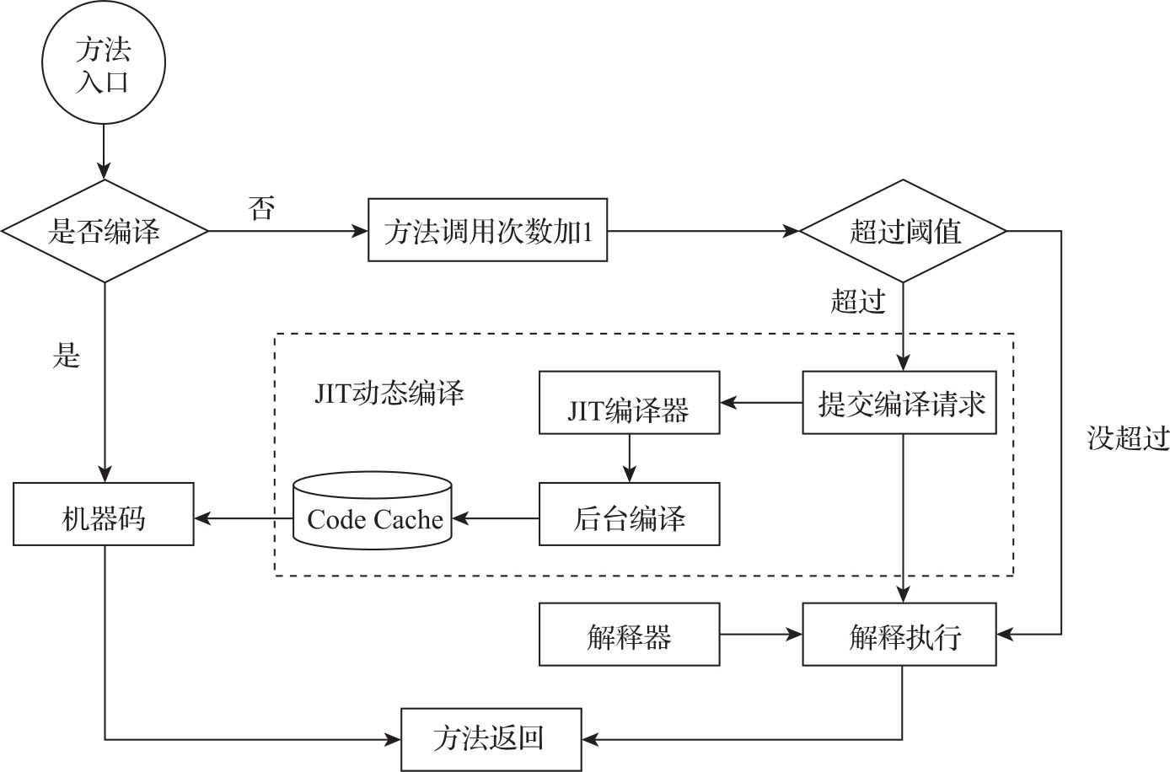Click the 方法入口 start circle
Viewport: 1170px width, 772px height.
[x=104, y=63]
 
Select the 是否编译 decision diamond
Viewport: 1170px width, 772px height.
[x=105, y=231]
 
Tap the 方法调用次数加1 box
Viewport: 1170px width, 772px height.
[x=487, y=231]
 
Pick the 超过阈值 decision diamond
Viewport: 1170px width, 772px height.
[x=903, y=231]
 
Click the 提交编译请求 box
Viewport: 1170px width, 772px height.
[x=899, y=403]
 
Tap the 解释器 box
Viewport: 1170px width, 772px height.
[x=629, y=635]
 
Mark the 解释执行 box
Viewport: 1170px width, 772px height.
[x=899, y=635]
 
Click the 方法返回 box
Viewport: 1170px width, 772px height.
[x=491, y=739]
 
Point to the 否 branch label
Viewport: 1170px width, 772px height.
[x=262, y=207]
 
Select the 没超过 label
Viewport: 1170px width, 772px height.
[x=1128, y=437]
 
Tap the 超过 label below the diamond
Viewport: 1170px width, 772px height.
[x=858, y=301]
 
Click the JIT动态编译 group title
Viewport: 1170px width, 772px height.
[x=389, y=394]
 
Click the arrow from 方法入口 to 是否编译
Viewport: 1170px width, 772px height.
[x=104, y=152]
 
